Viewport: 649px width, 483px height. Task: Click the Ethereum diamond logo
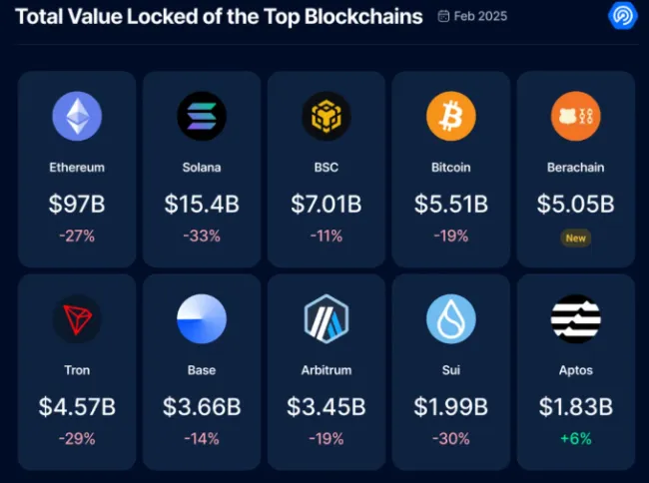77,117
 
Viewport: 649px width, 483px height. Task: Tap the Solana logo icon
202,117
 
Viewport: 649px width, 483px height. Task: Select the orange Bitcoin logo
451,117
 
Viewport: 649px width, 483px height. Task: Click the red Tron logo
77,319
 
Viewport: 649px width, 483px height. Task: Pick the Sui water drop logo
451,319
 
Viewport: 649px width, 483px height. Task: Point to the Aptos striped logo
576,319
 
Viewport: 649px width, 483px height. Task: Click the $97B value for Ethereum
77,205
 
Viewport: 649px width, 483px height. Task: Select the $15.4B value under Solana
202,205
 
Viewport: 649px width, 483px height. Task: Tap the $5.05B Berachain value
576,205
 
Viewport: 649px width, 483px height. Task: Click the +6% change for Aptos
576,439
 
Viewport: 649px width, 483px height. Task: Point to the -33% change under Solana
202,237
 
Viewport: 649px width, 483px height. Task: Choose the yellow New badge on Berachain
576,238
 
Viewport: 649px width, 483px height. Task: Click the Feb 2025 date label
479,17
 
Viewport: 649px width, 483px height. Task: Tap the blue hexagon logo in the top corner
623,16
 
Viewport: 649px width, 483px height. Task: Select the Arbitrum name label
326,370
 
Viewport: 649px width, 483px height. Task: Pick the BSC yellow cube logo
326,117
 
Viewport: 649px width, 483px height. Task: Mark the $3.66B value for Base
202,407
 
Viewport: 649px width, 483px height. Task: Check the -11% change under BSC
326,237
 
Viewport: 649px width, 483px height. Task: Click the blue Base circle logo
202,319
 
